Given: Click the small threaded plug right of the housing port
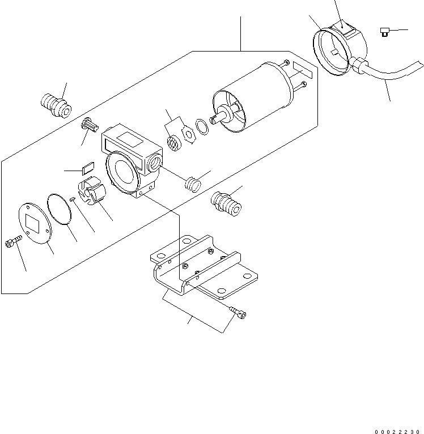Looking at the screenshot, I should pos(193,184).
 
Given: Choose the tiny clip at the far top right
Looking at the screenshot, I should pos(385,32).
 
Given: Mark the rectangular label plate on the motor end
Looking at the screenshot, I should pos(303,70).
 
